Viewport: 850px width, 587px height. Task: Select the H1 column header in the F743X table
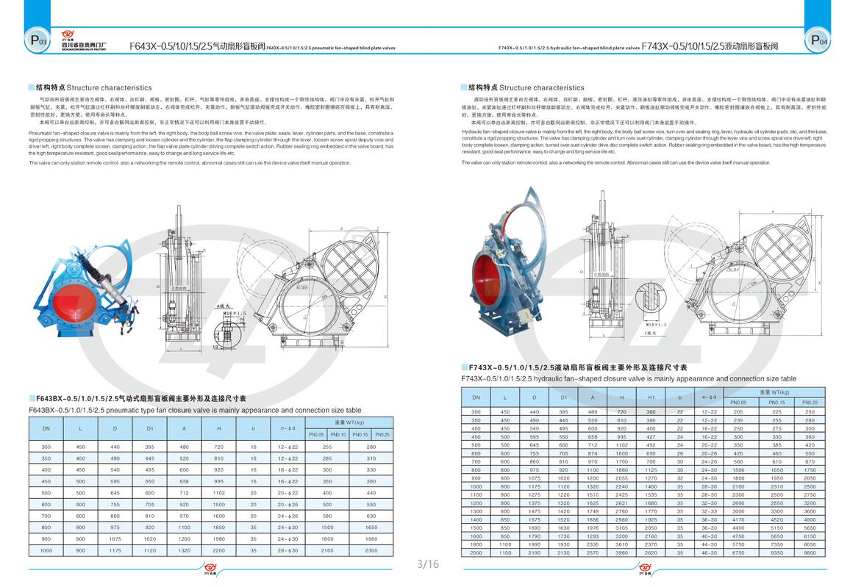[x=651, y=397]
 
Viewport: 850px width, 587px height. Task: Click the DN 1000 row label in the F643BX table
[x=46, y=550]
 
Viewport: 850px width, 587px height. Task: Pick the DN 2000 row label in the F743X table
[x=476, y=552]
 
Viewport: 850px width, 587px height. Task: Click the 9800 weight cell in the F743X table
[x=810, y=552]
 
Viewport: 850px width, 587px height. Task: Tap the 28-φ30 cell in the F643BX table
[x=287, y=550]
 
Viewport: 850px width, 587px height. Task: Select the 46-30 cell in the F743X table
[x=709, y=552]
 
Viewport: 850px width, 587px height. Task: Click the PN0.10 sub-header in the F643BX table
[x=337, y=434]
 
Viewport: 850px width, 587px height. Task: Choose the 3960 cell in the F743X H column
[x=621, y=552]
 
